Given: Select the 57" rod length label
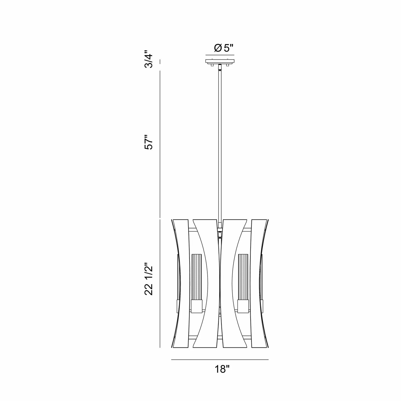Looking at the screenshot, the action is pos(149,142).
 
